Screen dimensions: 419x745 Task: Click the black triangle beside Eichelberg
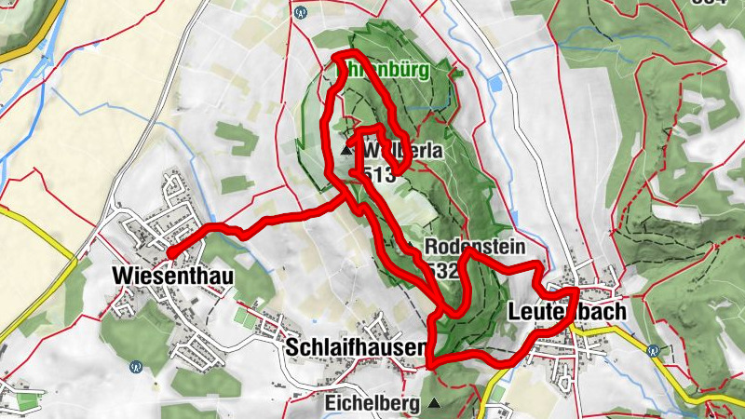click(433, 404)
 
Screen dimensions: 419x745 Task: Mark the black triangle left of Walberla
click(346, 150)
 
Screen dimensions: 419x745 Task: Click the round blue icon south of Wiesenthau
click(137, 366)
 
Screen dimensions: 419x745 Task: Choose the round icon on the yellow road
click(653, 350)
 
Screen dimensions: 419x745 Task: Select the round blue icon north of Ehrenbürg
click(300, 13)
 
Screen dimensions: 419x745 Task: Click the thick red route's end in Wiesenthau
click(169, 251)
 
